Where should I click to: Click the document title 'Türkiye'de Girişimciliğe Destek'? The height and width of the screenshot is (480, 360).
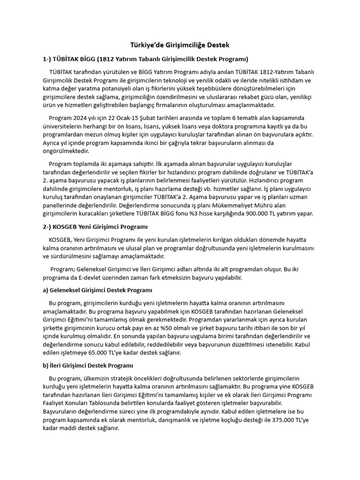[180, 45]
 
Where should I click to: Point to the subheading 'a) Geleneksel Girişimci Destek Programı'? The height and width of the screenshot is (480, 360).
[97, 290]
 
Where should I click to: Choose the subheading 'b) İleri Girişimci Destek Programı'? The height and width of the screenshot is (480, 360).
[88, 365]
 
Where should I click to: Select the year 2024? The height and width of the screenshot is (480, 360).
[87, 117]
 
